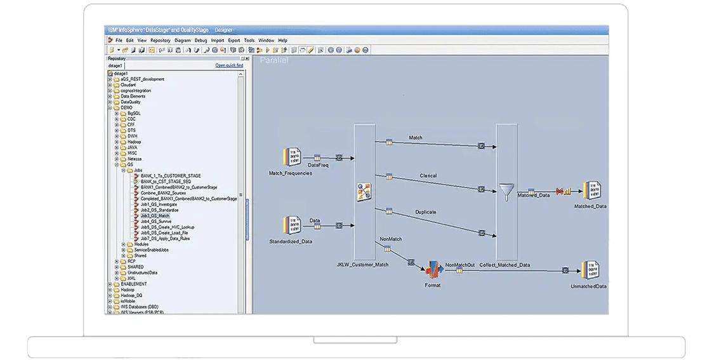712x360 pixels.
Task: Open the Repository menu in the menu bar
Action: click(x=160, y=40)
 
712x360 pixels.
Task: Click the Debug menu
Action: click(x=201, y=40)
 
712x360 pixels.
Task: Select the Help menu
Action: click(x=282, y=40)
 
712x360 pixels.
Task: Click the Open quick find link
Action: click(x=229, y=65)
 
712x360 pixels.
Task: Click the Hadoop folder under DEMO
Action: click(x=134, y=142)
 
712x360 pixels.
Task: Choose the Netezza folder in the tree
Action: click(x=135, y=159)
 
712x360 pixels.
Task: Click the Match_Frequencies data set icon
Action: click(x=291, y=158)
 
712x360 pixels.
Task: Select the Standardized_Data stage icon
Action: click(x=291, y=226)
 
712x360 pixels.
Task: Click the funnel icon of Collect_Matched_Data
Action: click(x=506, y=192)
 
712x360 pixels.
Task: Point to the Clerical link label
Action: click(x=428, y=176)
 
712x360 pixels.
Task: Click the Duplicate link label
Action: click(x=425, y=212)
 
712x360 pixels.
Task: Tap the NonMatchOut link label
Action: click(x=459, y=265)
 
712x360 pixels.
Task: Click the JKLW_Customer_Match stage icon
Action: click(x=364, y=192)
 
